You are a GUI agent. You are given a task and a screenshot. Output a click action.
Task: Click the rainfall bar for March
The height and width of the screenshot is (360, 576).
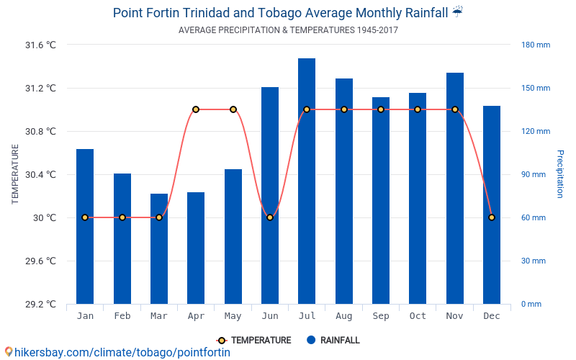pos(159,248)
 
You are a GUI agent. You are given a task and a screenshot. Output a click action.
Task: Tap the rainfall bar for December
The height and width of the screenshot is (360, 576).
pos(492,205)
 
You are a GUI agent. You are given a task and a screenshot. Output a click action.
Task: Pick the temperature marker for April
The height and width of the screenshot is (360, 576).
pos(196,109)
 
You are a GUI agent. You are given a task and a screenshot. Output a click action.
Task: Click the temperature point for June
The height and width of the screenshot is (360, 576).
pos(270,217)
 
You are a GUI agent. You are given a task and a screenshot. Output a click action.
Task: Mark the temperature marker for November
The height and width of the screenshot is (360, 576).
pos(455,109)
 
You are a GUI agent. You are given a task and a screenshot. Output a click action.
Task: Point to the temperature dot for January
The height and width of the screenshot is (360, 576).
pos(85,217)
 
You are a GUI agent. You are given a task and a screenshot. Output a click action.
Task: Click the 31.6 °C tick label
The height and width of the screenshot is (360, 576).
pos(40,45)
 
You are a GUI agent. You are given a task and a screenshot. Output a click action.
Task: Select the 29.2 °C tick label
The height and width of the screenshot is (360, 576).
pos(40,304)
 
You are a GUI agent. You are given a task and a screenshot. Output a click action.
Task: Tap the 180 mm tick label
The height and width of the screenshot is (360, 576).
pos(536,45)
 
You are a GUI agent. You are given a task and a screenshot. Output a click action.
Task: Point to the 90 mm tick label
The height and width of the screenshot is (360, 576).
pos(534,174)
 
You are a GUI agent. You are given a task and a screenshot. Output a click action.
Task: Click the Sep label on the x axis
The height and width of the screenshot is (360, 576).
pos(381,316)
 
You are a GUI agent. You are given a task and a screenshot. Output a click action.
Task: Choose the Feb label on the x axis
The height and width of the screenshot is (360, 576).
pos(122,316)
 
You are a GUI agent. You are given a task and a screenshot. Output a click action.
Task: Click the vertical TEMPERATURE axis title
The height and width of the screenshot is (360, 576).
pos(15,174)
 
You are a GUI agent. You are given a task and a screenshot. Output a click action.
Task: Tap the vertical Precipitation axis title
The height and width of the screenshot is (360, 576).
pos(559,174)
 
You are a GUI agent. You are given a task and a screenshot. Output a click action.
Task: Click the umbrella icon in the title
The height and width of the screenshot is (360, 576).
pos(458,12)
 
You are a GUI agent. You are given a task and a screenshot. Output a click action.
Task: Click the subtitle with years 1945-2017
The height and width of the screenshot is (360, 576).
pos(288,30)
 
